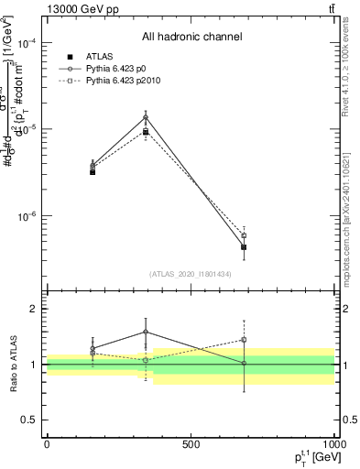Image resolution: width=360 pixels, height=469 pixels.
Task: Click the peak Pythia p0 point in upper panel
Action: coord(146,116)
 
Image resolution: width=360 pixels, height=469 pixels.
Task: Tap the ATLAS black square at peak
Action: coord(146,132)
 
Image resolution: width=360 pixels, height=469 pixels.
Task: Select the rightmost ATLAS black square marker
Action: coord(244,247)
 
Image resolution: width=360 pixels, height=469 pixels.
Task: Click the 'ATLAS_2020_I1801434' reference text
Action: coord(191,274)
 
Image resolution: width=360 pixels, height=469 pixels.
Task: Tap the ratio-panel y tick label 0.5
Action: coord(30,420)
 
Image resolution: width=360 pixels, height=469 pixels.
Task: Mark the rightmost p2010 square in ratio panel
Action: coord(244,340)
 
